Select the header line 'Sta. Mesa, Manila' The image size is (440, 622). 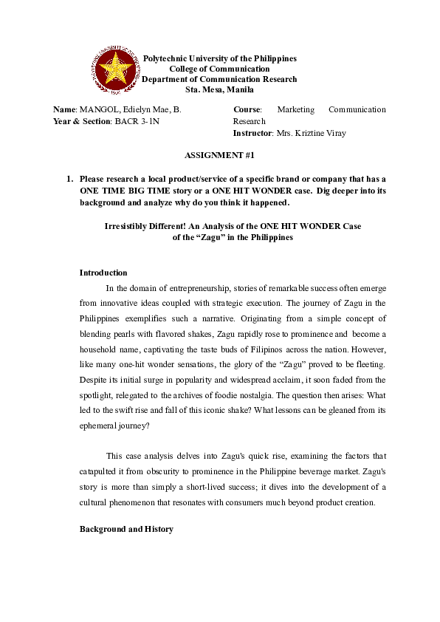coord(219,90)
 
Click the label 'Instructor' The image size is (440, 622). coord(251,133)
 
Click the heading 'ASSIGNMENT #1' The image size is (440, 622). coord(219,156)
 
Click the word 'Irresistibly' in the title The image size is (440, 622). coord(128,226)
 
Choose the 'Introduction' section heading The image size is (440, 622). coord(103,273)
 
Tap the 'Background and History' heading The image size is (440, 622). coord(126,530)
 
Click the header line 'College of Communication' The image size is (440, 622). coord(219,69)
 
